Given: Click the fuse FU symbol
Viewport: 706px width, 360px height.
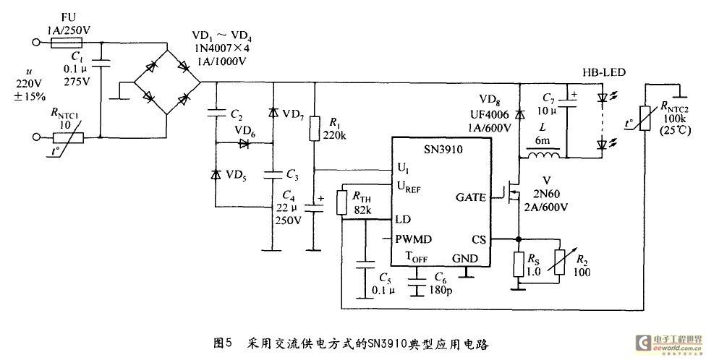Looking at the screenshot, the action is click(67, 43).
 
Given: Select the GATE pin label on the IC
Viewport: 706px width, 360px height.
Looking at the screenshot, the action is click(470, 197).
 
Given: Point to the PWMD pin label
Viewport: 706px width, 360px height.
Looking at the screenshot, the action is click(413, 239).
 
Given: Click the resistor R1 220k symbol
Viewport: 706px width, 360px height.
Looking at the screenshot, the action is click(314, 128).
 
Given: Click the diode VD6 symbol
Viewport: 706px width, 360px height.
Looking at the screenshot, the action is click(244, 144).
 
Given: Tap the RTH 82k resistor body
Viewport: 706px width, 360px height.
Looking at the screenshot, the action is click(342, 202).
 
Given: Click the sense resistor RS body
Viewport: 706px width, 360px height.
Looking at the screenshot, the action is click(519, 264).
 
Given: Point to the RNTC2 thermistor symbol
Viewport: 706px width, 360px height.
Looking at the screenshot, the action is click(645, 119).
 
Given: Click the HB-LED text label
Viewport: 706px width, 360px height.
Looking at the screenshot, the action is click(604, 72).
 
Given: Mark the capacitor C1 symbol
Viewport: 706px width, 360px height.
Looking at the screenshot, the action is click(100, 62).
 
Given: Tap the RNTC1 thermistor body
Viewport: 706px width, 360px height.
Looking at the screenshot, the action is click(69, 137).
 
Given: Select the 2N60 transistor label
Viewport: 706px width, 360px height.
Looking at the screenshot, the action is click(548, 194).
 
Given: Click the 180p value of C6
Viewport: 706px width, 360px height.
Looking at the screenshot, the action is click(440, 291).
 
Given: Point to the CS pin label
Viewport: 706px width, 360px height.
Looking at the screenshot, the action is click(479, 240).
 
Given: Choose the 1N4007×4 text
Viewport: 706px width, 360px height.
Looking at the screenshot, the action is click(221, 48).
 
